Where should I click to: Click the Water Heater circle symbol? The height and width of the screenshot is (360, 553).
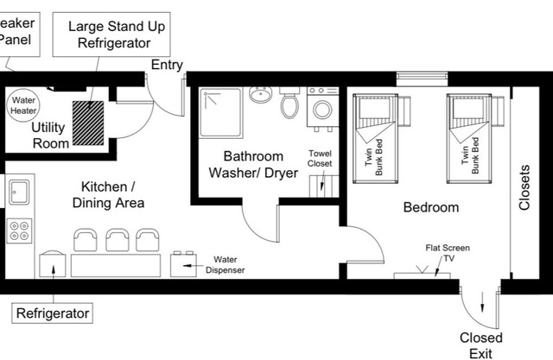click(x=23, y=106)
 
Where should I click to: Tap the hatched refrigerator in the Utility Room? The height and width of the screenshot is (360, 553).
click(x=86, y=122)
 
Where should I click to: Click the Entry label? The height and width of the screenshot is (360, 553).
click(x=167, y=66)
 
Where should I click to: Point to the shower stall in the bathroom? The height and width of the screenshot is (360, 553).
click(x=220, y=113)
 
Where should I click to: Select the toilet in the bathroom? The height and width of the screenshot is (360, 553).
click(x=289, y=104)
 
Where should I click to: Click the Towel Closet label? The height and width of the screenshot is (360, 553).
click(x=321, y=158)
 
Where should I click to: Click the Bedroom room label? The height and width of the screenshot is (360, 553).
click(x=431, y=207)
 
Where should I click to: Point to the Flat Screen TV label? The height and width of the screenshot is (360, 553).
click(x=447, y=252)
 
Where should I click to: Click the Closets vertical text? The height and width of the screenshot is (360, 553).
click(x=524, y=189)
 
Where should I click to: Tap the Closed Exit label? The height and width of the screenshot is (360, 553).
click(x=481, y=344)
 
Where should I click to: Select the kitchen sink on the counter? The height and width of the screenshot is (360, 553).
click(x=21, y=189)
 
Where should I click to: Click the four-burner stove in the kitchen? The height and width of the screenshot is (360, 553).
click(x=20, y=230)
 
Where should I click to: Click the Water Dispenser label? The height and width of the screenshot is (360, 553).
click(x=225, y=264)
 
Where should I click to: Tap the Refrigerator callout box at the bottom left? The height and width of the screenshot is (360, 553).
click(x=53, y=313)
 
